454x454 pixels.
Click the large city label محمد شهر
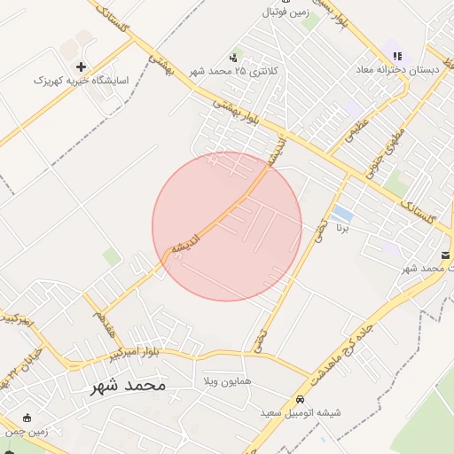[128, 386]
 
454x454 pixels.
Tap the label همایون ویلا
[228, 380]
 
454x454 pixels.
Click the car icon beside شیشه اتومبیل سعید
[300, 400]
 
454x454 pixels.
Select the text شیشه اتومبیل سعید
[301, 413]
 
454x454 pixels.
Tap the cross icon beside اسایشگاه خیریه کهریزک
[81, 67]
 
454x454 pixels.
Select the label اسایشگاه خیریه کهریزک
[81, 81]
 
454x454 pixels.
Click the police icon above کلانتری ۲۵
[234, 56]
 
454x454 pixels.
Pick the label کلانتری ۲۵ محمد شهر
[236, 70]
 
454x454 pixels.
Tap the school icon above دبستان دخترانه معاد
[396, 56]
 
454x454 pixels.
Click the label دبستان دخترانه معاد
[396, 69]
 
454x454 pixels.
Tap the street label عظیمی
[353, 132]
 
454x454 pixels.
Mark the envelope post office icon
[445, 255]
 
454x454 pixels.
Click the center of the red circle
[227, 226]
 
